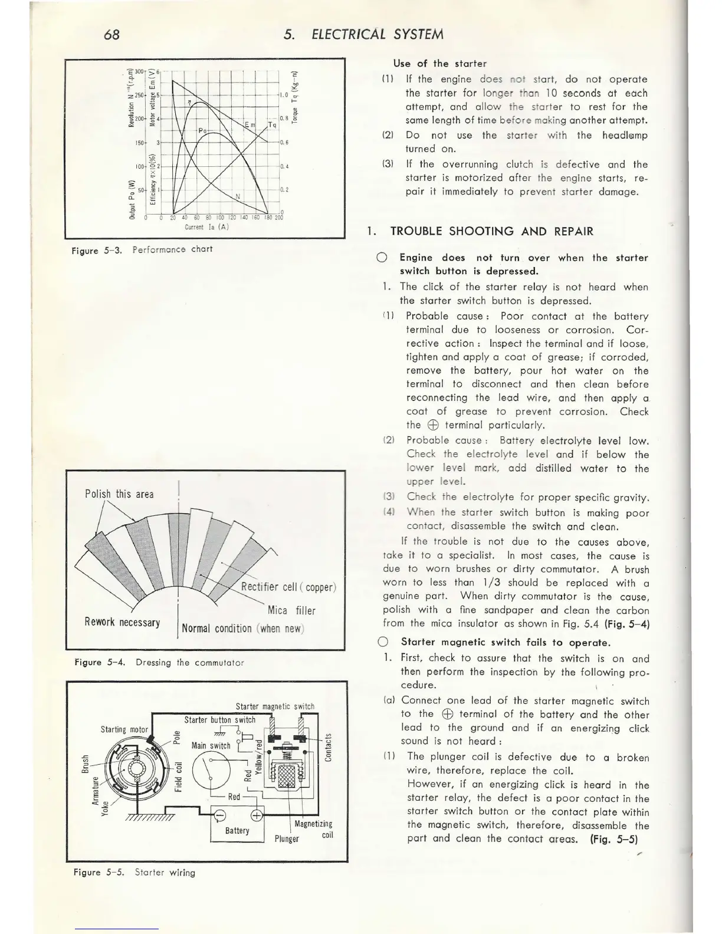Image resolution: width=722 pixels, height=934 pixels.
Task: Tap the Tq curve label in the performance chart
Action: pos(273,125)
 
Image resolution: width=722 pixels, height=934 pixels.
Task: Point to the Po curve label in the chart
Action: pos(203,130)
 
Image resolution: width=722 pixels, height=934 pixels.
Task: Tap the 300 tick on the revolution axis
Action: pos(139,71)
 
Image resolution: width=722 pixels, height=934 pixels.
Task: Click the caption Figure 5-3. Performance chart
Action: pos(142,249)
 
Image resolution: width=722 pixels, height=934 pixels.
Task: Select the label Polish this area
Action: pos(119,494)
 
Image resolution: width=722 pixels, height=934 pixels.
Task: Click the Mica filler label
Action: pos(291,610)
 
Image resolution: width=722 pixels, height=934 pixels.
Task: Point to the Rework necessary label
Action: pos(122,623)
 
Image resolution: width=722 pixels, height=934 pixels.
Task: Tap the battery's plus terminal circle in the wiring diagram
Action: pos(257,816)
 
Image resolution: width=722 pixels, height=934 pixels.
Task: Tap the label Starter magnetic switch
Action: pos(275,706)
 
